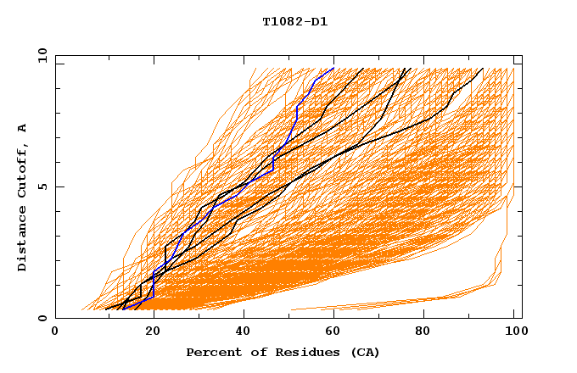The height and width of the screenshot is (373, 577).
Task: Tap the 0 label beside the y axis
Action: [42, 319]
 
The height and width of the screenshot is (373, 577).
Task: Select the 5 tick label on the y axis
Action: [42, 186]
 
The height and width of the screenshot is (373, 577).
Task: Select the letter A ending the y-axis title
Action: [22, 127]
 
